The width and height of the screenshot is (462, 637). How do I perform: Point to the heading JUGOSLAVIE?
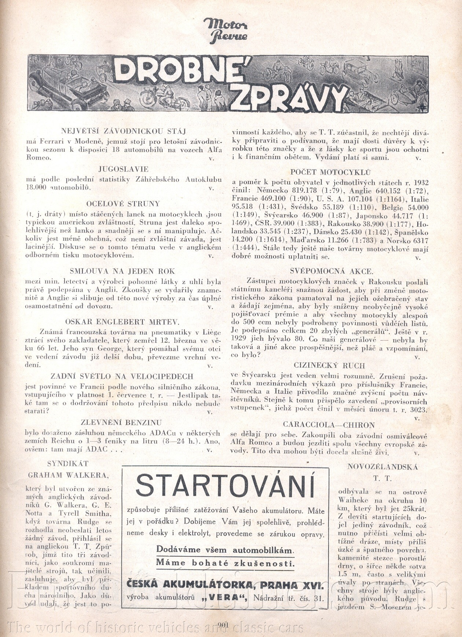pos(123,169)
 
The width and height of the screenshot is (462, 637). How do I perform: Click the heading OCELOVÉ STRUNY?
pos(123,204)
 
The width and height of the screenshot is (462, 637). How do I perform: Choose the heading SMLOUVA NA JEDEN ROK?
pos(122,271)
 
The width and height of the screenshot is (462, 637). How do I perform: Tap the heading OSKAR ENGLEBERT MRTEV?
pos(122,322)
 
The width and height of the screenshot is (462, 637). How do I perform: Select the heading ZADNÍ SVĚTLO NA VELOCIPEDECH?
pos(122,376)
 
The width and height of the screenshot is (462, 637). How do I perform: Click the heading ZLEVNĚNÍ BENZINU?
pos(122,422)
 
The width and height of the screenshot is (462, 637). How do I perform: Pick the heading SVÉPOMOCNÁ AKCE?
pos(331,271)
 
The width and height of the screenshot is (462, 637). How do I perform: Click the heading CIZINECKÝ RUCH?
pos(329,365)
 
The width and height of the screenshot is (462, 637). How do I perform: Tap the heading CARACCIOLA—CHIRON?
pos(329,425)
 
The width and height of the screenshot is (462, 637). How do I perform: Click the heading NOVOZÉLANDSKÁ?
pos(382,467)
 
